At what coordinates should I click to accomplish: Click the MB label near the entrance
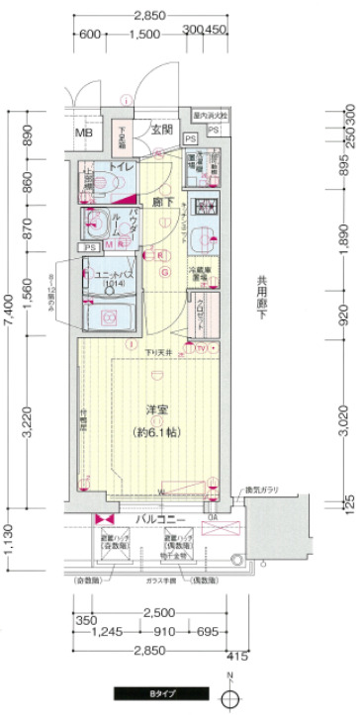tap(83, 136)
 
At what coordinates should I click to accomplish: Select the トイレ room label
tap(123, 167)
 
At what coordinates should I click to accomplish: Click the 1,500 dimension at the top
tap(143, 34)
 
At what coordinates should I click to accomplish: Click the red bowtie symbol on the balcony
tap(99, 518)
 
